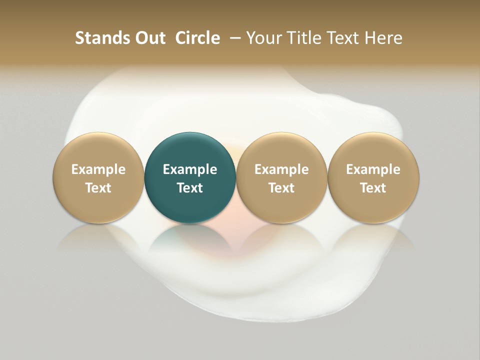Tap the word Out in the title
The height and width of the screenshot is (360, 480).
point(149,38)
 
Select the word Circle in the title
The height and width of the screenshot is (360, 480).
point(197,38)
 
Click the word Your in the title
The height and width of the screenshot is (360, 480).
point(263,38)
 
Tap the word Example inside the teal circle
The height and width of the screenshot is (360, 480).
point(190,169)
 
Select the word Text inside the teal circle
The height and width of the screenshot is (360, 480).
point(190,188)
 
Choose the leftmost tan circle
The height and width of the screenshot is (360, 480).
point(98,150)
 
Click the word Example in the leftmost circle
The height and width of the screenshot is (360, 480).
point(98,169)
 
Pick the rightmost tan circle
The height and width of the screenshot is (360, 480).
point(373,150)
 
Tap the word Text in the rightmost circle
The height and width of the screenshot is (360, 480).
point(373,188)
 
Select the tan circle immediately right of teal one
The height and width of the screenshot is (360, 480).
point(281,150)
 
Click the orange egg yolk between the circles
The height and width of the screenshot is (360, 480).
point(235,150)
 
